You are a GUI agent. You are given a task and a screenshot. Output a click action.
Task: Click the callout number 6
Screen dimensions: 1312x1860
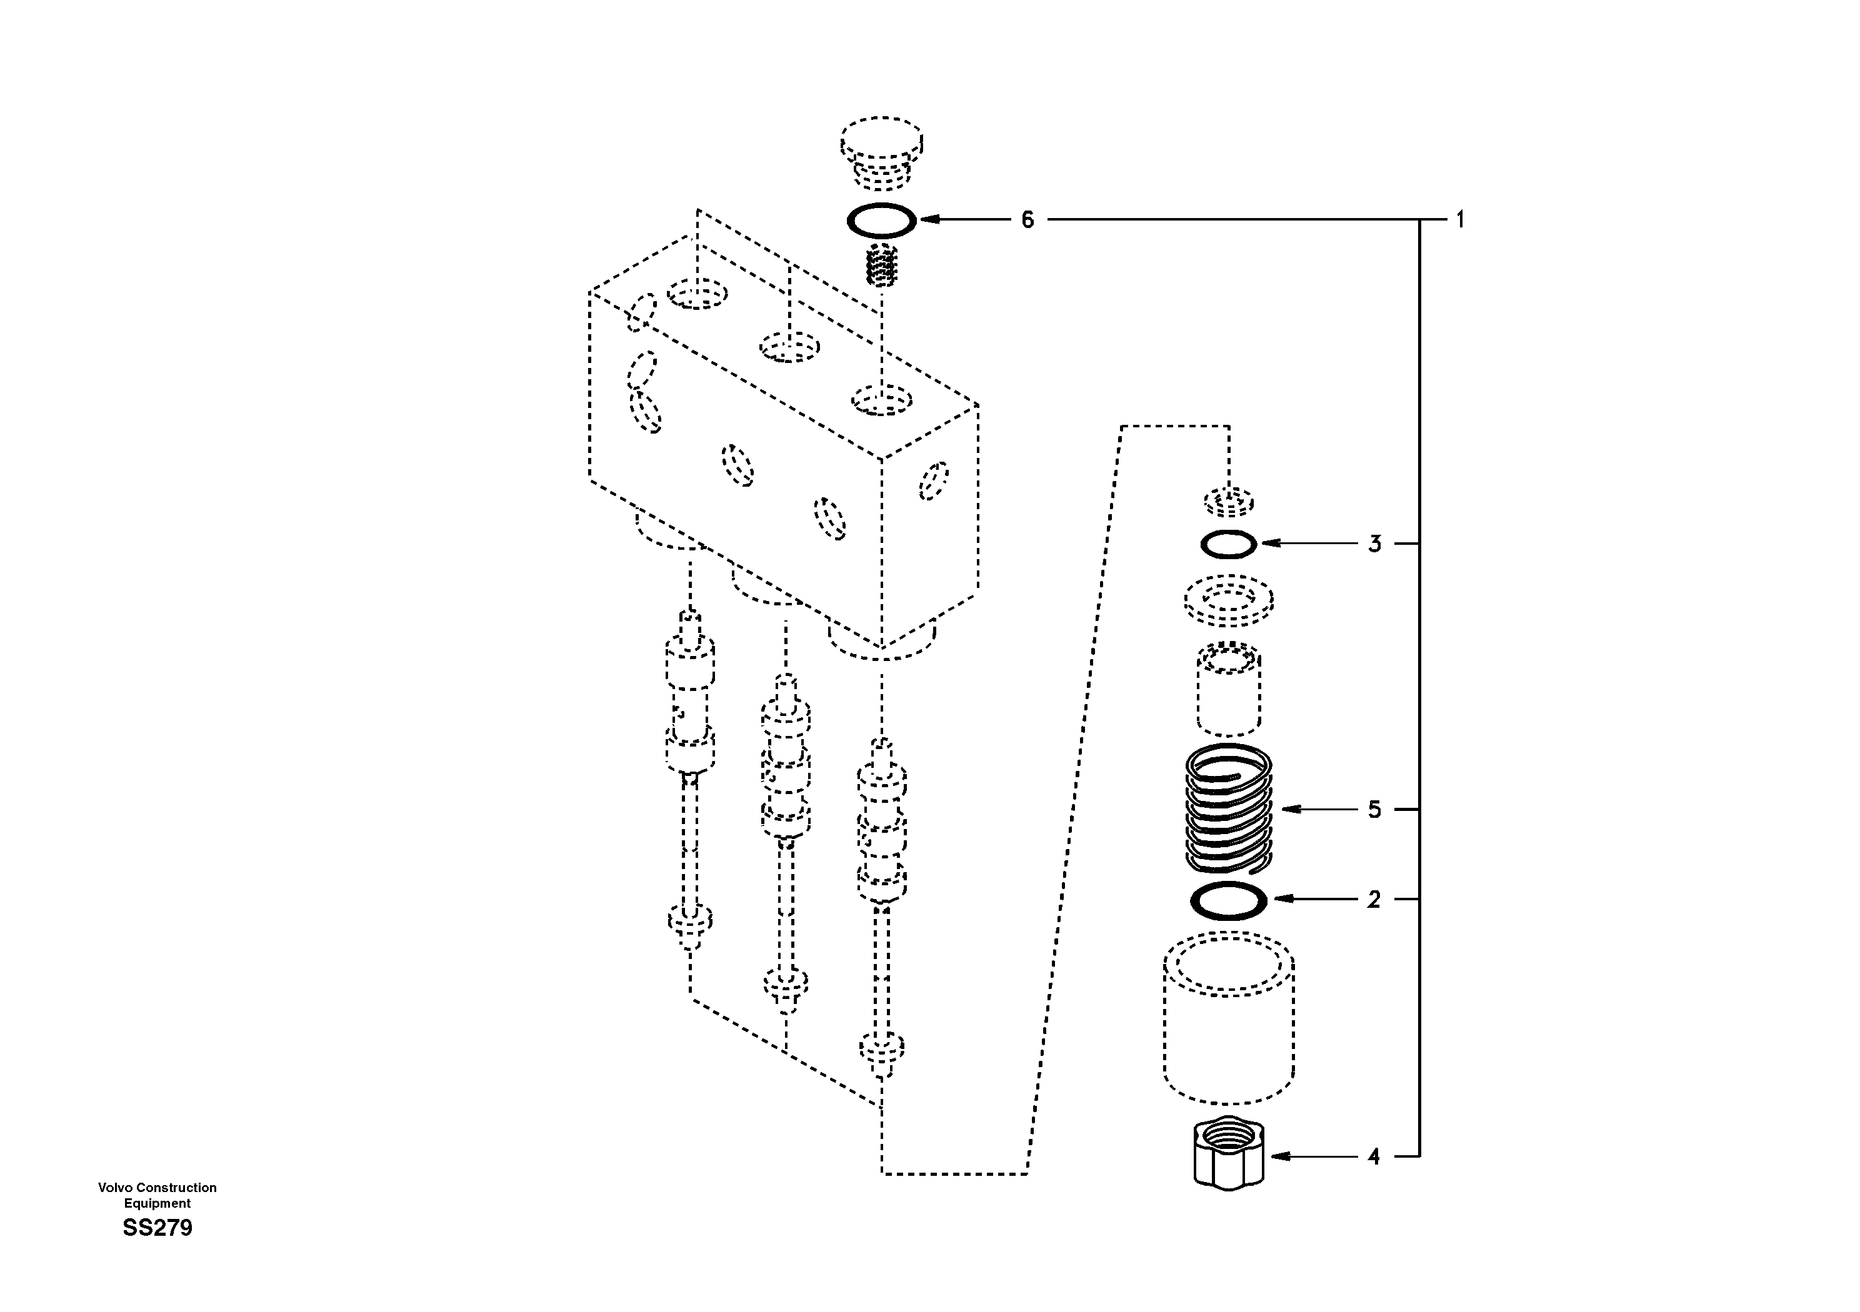(x=1027, y=219)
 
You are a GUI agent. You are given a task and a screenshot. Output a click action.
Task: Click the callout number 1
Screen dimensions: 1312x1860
(x=1460, y=219)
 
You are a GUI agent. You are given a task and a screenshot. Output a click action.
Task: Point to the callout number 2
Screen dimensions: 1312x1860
(x=1374, y=899)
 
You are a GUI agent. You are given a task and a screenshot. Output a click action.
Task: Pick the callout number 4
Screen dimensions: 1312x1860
(x=1374, y=1156)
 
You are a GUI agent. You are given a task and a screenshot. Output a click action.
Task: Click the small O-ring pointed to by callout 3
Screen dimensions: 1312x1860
(x=1228, y=544)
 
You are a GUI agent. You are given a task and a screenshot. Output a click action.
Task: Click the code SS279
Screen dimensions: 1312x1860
(x=158, y=1228)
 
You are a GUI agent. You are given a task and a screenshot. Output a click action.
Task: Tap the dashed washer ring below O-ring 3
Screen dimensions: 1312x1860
(x=1228, y=601)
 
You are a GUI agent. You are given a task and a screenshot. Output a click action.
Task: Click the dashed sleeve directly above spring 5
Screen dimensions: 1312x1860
(x=1228, y=688)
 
